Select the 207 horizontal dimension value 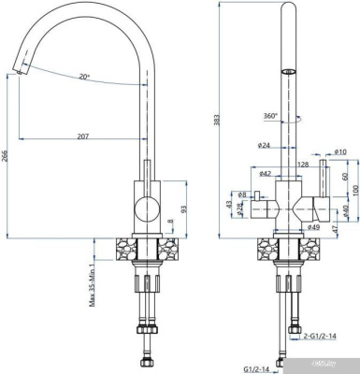82,137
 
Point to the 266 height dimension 8,156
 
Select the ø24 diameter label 264,146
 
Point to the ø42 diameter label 265,174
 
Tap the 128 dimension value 304,165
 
